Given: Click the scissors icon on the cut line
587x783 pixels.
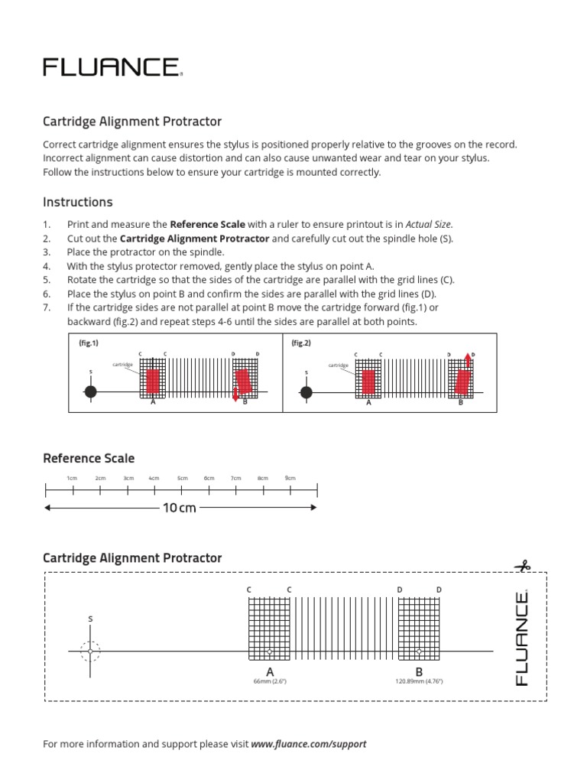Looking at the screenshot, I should (523, 567).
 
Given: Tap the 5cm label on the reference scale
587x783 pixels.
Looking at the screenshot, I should (183, 478).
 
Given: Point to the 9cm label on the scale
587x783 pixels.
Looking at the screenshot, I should (290, 478).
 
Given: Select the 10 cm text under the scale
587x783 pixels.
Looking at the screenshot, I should (179, 508).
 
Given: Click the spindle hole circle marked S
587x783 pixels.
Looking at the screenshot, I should (90, 651).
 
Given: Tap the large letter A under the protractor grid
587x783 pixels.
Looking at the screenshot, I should (270, 671).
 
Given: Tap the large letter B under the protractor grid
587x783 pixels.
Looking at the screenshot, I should (419, 671).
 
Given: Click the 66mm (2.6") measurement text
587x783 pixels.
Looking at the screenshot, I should (270, 681).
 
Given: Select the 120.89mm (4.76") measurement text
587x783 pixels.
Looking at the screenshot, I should (419, 681).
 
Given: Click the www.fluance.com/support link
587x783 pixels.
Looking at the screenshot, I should (309, 743).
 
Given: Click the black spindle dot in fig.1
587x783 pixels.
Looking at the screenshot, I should (91, 392).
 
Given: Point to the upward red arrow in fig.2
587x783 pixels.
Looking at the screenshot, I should (468, 361).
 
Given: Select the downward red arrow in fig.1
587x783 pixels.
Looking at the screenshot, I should (235, 395).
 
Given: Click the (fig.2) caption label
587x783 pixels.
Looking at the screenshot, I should (301, 343).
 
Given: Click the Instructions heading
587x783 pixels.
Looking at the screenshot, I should (77, 203).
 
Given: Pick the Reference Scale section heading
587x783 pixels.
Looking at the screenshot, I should (89, 459).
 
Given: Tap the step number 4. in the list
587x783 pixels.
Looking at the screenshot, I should (47, 266).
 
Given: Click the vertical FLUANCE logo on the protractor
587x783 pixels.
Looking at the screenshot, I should (523, 638).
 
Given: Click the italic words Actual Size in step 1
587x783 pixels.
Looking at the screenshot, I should (428, 225).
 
